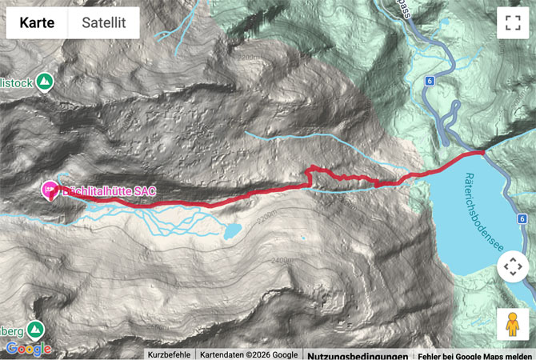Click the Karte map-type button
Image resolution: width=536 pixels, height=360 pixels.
[x=37, y=23]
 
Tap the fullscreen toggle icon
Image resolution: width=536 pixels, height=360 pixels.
[x=512, y=23]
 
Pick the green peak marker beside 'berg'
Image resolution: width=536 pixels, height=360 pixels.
[x=35, y=329]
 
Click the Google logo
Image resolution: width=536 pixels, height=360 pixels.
[x=28, y=349]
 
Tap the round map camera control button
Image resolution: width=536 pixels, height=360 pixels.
[x=512, y=268]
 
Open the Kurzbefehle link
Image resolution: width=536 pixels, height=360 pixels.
[x=169, y=354]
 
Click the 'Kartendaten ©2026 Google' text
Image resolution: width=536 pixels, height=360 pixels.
[x=248, y=354]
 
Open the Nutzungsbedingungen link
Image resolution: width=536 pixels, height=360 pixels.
[x=358, y=354]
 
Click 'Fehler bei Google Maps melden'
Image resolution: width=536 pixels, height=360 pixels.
[x=475, y=354]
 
